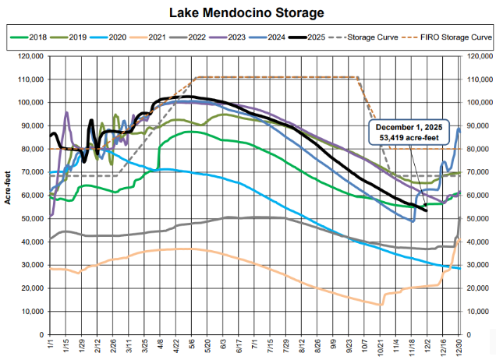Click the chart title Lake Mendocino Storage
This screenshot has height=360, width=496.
(248, 12)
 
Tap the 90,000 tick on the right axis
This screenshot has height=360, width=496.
(477, 125)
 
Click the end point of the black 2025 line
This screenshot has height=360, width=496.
(427, 210)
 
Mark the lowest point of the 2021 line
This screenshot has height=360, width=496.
(380, 305)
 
